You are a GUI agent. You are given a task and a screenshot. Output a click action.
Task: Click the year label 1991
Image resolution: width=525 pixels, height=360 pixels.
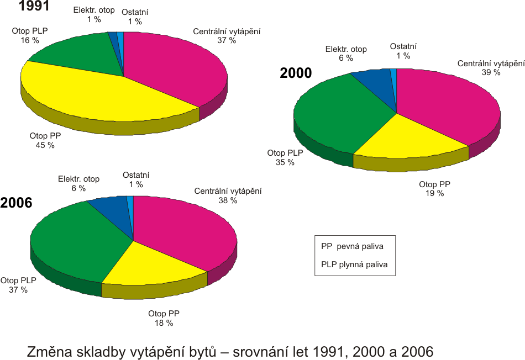tap(20, 7)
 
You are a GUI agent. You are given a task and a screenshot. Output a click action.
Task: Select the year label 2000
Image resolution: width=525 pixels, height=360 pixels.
tap(296, 73)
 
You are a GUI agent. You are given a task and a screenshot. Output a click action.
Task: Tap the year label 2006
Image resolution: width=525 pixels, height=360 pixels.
tap(17, 203)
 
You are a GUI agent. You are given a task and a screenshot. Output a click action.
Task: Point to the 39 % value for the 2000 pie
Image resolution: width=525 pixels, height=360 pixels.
tap(491, 72)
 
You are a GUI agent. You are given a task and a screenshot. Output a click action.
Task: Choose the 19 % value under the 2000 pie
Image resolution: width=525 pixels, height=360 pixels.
tap(434, 193)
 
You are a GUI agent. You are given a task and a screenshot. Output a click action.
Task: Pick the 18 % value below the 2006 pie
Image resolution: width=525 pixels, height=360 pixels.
tap(164, 323)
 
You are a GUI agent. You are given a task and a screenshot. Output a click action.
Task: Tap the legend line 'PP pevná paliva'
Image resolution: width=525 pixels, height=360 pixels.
tap(352, 246)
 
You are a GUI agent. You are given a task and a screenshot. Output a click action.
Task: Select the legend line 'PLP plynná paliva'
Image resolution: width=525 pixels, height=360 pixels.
tap(354, 264)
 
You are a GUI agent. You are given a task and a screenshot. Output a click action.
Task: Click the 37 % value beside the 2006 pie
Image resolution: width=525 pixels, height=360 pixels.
tap(18, 289)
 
